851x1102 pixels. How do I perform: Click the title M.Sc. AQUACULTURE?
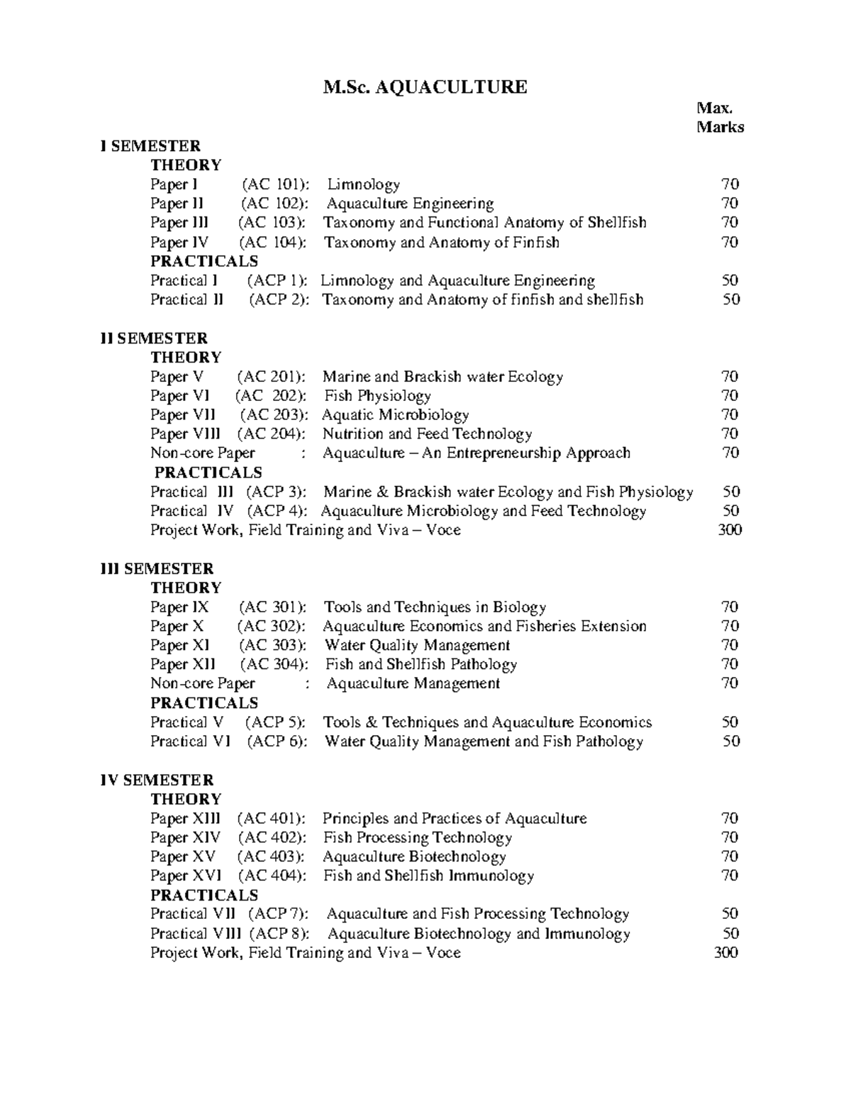point(425,88)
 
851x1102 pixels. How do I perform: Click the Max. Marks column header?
point(719,118)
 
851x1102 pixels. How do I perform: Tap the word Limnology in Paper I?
point(363,185)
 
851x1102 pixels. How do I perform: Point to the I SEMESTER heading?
point(150,146)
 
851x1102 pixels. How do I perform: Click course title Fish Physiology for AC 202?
point(377,396)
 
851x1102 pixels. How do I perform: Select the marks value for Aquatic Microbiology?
point(730,415)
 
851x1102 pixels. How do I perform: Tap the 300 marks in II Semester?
point(730,530)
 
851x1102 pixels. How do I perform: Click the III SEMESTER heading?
point(157,569)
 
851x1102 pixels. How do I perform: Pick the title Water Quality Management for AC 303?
point(417,646)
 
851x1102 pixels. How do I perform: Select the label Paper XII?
point(182,665)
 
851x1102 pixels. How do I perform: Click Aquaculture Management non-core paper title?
point(413,684)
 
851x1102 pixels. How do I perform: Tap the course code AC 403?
point(272,857)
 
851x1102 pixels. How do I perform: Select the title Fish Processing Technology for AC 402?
point(417,838)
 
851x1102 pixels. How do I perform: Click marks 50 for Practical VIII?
point(730,934)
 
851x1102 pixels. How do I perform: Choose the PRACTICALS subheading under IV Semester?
point(204,896)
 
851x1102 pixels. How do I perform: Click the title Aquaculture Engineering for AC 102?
point(410,204)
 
